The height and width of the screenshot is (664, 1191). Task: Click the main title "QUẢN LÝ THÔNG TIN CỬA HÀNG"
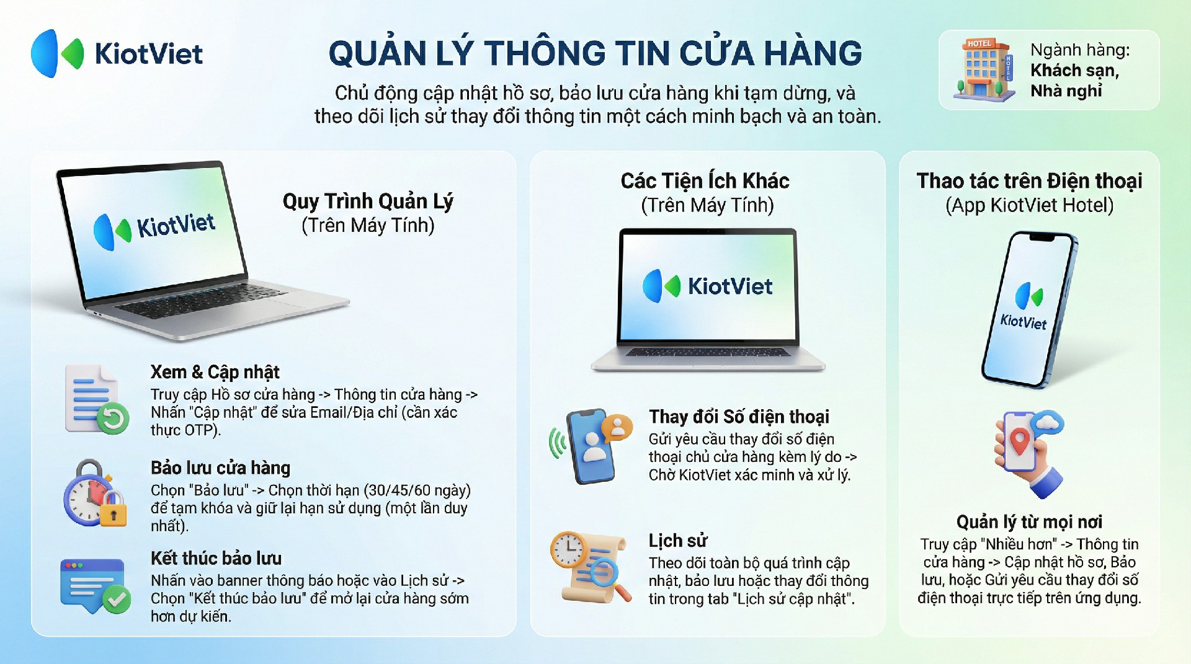tap(595, 53)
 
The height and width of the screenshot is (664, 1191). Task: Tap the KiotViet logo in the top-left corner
tap(117, 53)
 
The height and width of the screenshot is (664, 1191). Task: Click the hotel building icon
tap(984, 69)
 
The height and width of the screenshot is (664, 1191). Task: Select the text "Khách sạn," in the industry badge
tap(1075, 71)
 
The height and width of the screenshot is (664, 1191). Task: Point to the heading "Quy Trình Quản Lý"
tap(368, 201)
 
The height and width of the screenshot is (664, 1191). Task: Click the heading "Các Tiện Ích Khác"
tap(705, 181)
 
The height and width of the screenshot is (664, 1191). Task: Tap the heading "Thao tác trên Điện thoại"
tap(1030, 181)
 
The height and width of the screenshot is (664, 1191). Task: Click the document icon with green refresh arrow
tap(97, 399)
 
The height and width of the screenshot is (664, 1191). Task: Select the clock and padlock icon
tap(95, 494)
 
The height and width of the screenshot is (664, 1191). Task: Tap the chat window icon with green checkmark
tap(95, 586)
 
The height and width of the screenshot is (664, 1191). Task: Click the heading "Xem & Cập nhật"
tap(215, 372)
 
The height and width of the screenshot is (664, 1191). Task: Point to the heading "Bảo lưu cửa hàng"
tap(220, 467)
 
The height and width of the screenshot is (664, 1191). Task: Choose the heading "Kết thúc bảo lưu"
tap(216, 558)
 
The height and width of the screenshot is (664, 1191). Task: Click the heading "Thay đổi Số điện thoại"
tap(739, 417)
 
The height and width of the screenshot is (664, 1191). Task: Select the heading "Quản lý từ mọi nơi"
tap(1029, 522)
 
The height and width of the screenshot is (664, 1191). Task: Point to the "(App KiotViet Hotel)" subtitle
tap(1030, 205)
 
